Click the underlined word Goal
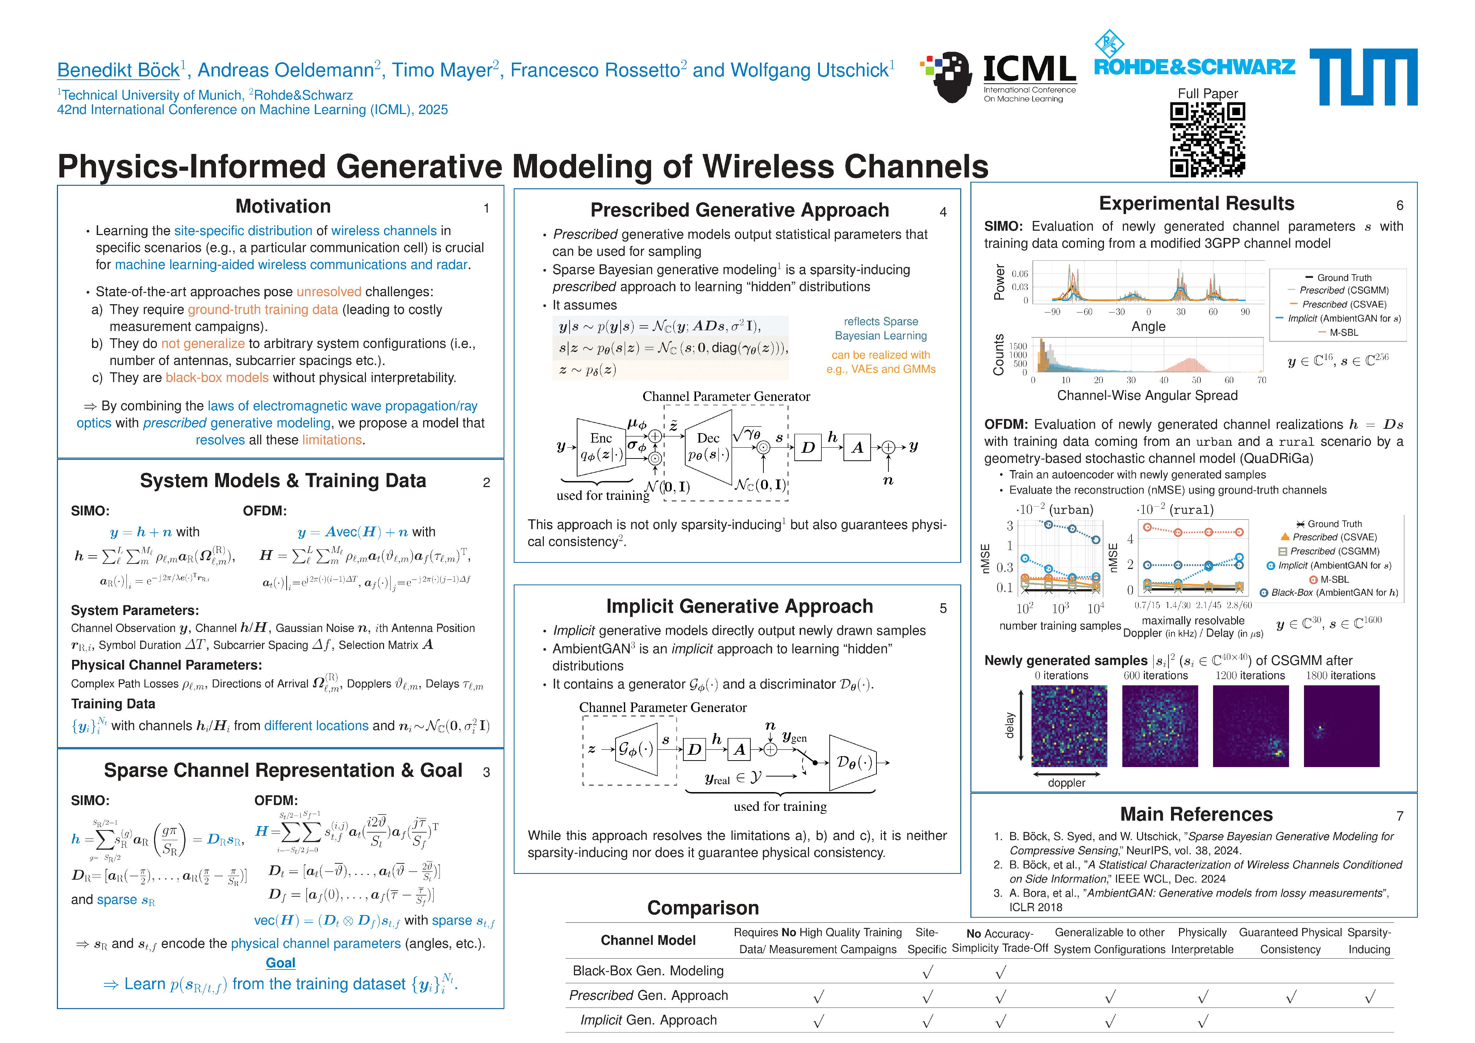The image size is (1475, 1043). tap(281, 963)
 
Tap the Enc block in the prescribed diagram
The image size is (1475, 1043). tap(601, 447)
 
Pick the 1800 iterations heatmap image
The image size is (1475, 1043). tap(1341, 726)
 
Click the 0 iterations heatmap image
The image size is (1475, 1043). tap(1069, 726)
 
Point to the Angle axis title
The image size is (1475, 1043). tap(1148, 326)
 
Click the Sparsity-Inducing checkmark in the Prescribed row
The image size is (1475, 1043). tap(1370, 997)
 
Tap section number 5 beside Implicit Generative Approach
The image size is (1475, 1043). tap(942, 608)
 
